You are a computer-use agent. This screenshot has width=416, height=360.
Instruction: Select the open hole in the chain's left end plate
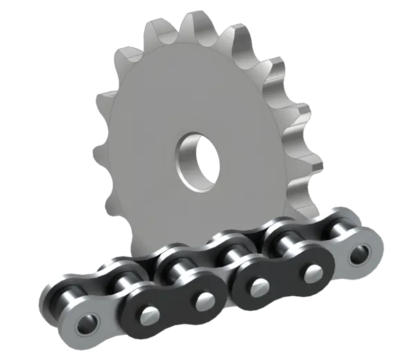point(88,324)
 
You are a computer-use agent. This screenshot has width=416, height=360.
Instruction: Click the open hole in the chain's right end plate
point(359,255)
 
